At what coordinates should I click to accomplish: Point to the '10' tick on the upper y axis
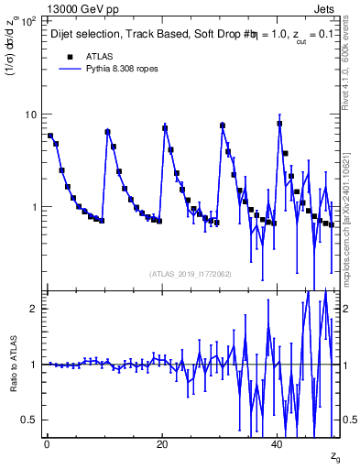[x=30, y=115]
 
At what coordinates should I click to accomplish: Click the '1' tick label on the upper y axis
[x=34, y=207]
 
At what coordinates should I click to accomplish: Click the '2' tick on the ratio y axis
[x=34, y=309]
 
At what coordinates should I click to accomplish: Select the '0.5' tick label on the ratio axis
[x=29, y=420]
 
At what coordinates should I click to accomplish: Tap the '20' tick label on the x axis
[x=162, y=444]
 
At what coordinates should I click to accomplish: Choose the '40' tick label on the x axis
[x=278, y=444]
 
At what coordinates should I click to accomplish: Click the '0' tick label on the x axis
[x=47, y=444]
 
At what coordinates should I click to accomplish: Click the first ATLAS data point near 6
[x=50, y=136]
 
